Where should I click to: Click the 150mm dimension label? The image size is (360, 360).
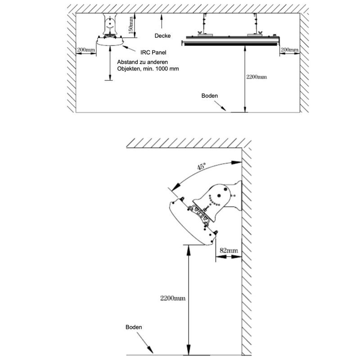(x=130, y=25)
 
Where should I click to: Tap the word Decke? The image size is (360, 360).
(x=162, y=36)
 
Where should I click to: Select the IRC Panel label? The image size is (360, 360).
(x=153, y=53)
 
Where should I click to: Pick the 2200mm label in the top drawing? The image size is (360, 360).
(x=256, y=76)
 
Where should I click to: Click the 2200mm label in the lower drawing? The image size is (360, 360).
(x=173, y=298)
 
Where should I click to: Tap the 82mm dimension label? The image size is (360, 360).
(x=229, y=250)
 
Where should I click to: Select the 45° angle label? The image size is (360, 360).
(x=201, y=166)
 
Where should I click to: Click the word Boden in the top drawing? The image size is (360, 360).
(x=210, y=96)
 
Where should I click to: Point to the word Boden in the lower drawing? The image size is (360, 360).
(x=134, y=327)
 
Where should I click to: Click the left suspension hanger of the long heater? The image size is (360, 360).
(x=204, y=25)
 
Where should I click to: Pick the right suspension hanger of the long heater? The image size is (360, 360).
(x=256, y=25)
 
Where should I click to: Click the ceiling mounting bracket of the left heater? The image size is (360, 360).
(x=110, y=24)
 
